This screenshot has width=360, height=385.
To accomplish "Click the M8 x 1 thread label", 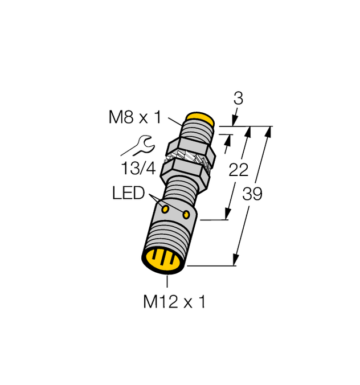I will (135, 118).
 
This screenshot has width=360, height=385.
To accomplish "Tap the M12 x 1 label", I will (174, 302).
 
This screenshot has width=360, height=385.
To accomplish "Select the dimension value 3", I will (239, 99).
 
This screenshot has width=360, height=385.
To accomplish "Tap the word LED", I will (128, 194).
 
